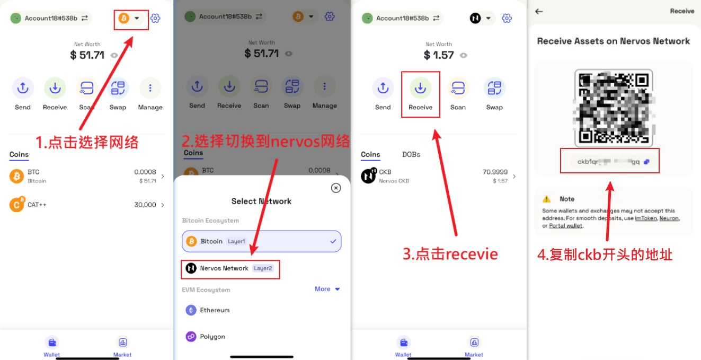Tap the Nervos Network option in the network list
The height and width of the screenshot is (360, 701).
click(224, 268)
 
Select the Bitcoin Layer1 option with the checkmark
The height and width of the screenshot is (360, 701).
click(261, 241)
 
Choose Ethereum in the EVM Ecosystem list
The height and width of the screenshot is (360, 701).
click(214, 310)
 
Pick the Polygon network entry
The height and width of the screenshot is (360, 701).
click(212, 337)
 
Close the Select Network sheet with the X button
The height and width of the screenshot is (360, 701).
click(335, 188)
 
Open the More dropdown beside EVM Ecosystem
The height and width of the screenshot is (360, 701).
click(327, 289)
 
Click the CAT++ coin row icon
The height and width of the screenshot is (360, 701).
click(16, 205)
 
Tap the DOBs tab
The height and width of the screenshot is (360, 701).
click(411, 154)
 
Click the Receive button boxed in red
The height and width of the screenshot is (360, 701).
click(420, 94)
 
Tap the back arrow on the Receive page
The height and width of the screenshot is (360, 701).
click(539, 11)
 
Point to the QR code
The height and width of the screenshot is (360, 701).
click(614, 108)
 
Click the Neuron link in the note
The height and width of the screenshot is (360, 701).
click(669, 218)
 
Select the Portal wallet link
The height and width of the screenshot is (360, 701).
click(566, 225)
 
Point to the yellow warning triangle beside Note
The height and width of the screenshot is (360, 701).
click(546, 199)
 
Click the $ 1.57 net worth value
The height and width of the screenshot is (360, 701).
click(439, 55)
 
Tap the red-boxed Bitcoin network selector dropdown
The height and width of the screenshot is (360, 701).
click(131, 19)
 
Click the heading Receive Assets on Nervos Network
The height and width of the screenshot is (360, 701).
click(614, 41)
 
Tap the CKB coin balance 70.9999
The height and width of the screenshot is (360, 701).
click(495, 172)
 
